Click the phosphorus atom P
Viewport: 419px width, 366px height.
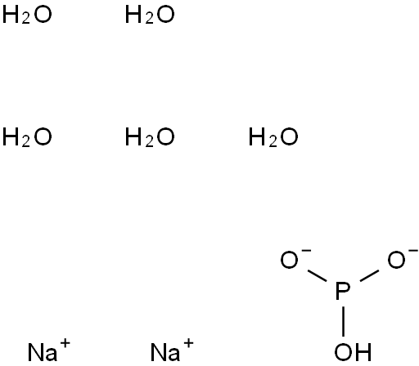[343, 292]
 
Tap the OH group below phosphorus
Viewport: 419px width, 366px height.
[353, 352]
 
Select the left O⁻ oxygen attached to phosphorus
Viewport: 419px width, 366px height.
[289, 260]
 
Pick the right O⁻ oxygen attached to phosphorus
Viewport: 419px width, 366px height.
[396, 260]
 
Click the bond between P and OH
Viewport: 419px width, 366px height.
[343, 321]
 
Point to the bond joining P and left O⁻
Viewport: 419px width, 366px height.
[317, 276]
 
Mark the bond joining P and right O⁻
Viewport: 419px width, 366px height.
[369, 276]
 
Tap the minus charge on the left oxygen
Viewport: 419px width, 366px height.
[306, 250]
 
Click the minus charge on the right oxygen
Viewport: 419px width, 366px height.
[413, 250]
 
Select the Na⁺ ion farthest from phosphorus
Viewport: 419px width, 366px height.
[49, 350]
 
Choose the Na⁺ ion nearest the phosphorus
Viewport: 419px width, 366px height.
[172, 350]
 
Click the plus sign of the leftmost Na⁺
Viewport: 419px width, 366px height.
[65, 343]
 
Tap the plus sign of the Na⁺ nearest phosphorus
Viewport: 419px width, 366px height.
[188, 343]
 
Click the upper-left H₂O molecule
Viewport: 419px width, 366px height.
[27, 16]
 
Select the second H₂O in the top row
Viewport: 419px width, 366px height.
[150, 16]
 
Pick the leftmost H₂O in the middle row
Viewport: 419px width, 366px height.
[27, 137]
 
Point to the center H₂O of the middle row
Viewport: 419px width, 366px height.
[150, 137]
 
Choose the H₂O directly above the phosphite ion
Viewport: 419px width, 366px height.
[273, 137]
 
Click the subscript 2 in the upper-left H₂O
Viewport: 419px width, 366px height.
[26, 19]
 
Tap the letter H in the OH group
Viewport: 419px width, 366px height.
[364, 352]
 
